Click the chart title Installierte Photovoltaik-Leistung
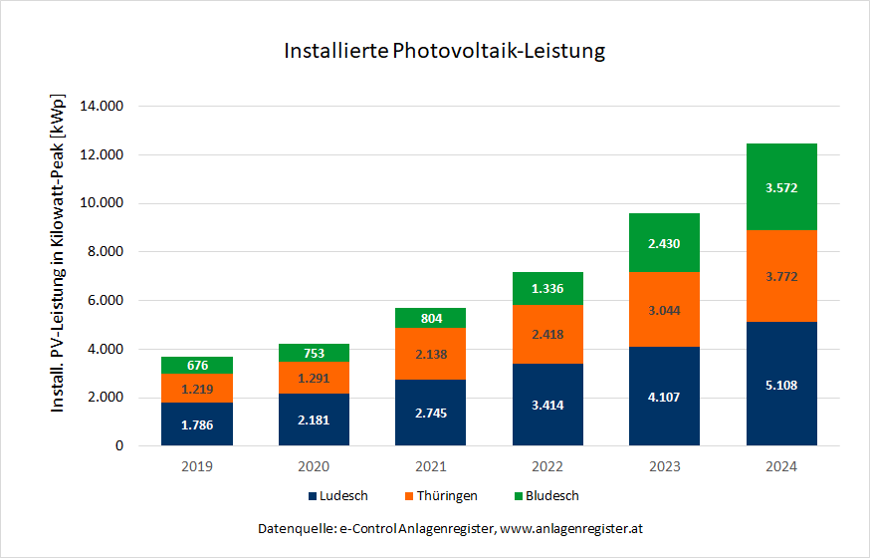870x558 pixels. pos(444,50)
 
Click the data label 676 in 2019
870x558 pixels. pos(197,366)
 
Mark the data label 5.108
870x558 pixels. pos(781,386)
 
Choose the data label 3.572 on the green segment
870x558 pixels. pos(781,187)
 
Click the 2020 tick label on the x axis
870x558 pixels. pos(313,465)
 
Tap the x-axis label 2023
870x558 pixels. pos(664,465)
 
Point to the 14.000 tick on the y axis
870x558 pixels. pos(115,107)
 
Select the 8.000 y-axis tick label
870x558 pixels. pos(119,252)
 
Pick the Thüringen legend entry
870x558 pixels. pos(444,495)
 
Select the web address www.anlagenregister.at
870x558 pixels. pos(577,527)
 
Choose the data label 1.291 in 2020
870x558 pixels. pos(313,379)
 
